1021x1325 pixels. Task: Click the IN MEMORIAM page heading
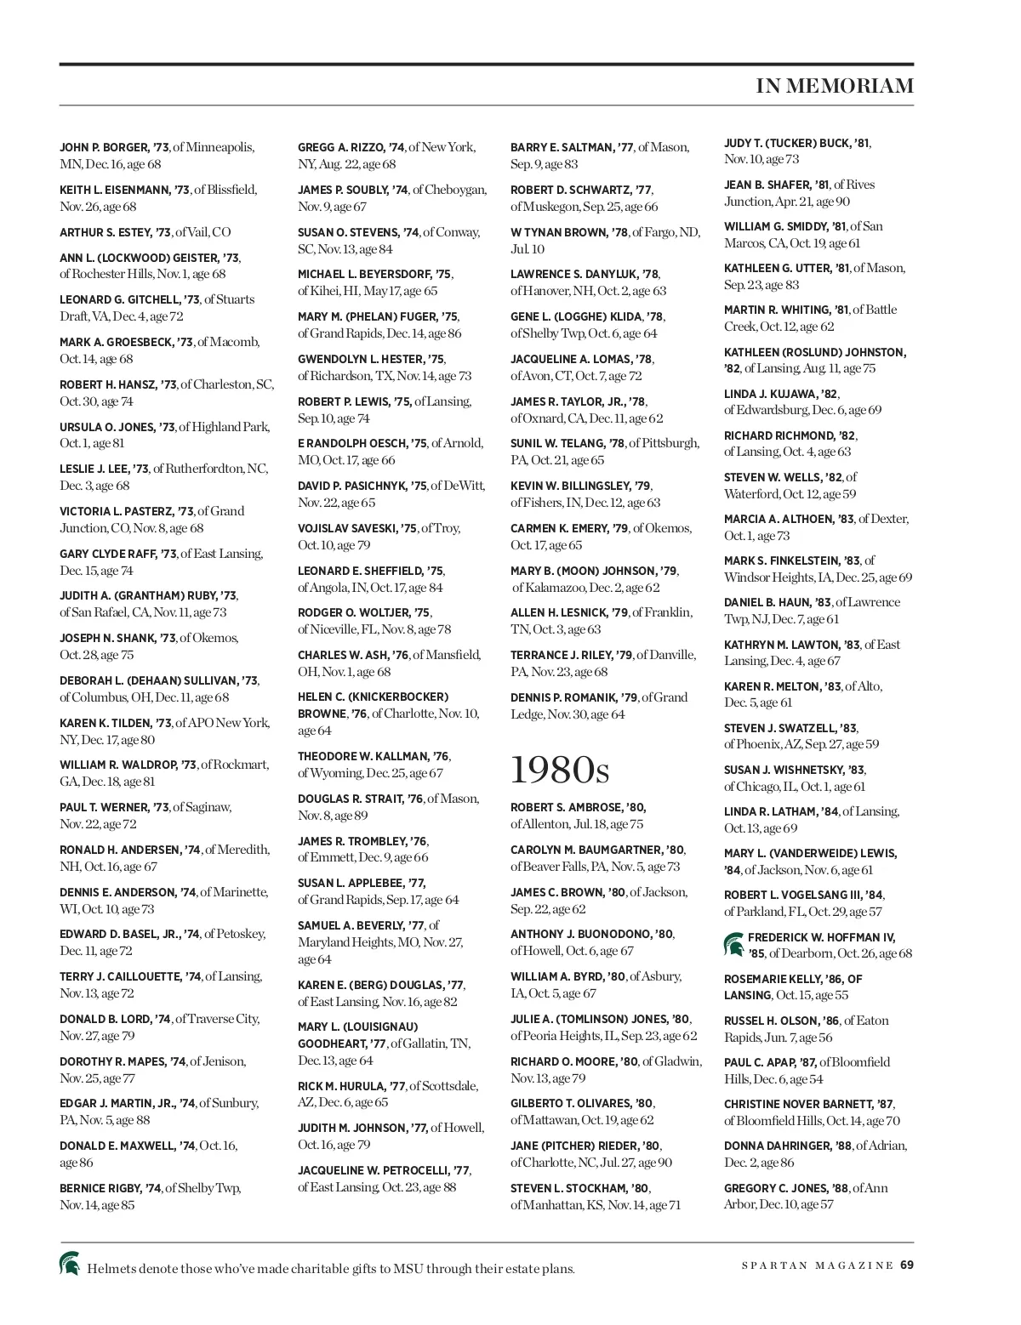[x=834, y=86]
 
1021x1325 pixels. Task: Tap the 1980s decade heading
[x=560, y=770]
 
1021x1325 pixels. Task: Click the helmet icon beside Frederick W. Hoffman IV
[x=733, y=943]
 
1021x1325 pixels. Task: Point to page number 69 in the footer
[x=907, y=1265]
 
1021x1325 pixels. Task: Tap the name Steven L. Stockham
[x=568, y=1189]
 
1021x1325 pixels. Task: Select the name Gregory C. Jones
[x=776, y=1189]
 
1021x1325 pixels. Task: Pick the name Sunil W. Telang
[x=557, y=444]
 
